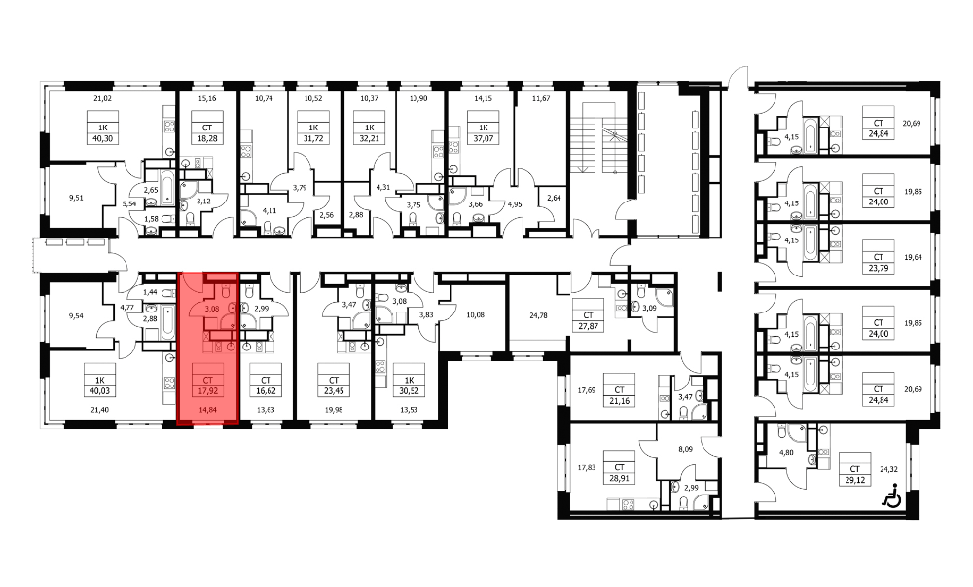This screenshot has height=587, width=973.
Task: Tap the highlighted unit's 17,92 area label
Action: coord(207,391)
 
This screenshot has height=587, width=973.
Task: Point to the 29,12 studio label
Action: coord(854,480)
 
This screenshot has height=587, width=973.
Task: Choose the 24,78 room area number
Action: coord(538,314)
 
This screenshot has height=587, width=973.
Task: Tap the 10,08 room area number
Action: coord(476,314)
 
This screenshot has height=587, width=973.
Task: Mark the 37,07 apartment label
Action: coord(483,138)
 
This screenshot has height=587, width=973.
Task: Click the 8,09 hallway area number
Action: coord(685,449)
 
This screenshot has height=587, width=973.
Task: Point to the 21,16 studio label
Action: coord(619,401)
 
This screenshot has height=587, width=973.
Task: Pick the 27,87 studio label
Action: coord(588,325)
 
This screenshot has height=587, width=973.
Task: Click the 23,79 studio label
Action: coord(878,268)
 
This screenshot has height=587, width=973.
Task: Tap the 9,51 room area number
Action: coord(76,198)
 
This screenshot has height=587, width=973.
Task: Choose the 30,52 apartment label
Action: coord(409,391)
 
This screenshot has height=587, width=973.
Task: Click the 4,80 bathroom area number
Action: coord(785,453)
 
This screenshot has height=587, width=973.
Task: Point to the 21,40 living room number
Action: coord(99,410)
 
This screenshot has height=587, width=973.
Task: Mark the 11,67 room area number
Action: coord(542,98)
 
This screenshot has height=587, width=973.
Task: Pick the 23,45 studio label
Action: coord(333,391)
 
